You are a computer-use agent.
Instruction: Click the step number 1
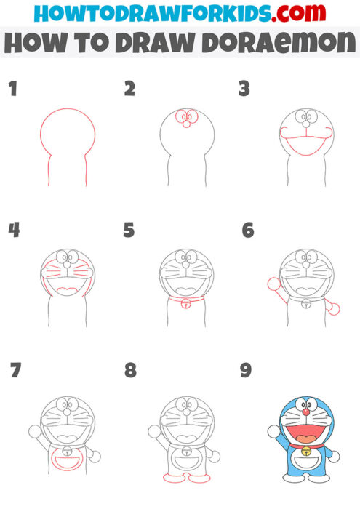pos(12,89)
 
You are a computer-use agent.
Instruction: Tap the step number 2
pos(130,89)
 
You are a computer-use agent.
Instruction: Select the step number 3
pos(244,89)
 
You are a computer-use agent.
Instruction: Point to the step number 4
pos(13,231)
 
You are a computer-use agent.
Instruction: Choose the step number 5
pos(129,231)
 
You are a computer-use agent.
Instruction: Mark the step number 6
pos(247,231)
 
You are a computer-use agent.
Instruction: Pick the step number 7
pos(15,371)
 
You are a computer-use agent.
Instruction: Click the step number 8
pos(130,371)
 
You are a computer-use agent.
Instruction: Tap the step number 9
pos(246,371)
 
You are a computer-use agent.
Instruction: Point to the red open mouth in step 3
pos(303,149)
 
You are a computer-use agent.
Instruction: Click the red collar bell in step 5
pos(187,303)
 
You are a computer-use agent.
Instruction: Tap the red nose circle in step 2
pos(186,124)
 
